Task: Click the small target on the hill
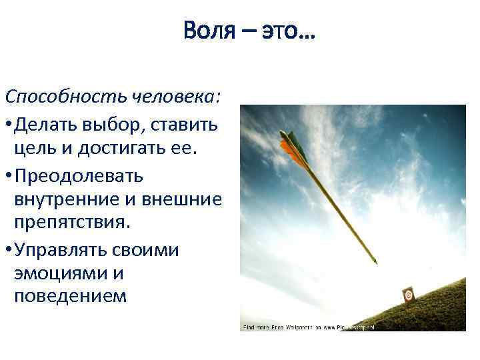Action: [409, 294]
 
